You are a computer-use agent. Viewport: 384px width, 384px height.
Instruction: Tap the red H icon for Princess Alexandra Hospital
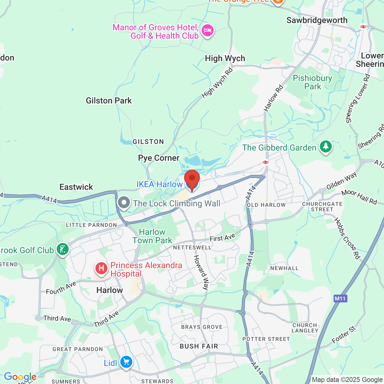point(101,268)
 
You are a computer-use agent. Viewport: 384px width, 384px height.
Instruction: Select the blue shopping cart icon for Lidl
point(126,362)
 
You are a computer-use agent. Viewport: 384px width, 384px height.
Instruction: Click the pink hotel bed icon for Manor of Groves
point(207,30)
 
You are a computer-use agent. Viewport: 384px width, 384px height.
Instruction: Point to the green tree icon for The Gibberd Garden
point(325,147)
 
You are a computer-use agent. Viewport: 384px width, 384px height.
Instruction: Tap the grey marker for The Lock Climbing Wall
point(124,202)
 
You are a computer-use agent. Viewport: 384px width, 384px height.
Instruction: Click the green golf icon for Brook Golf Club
point(62,249)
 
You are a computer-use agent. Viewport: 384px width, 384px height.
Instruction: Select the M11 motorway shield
point(340,298)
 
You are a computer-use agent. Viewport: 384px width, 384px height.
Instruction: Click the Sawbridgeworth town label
point(317,20)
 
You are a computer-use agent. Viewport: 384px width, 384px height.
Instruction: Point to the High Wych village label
point(225,58)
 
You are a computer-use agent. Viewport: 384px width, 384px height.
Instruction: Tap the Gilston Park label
point(109,100)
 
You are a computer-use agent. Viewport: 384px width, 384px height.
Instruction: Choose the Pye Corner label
point(159,158)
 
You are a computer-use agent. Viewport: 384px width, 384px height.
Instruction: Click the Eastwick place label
point(76,187)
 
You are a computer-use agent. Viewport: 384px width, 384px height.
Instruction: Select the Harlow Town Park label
point(152,236)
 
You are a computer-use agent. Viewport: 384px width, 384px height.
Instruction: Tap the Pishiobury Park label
point(312,82)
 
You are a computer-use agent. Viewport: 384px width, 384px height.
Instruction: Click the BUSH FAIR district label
point(199,346)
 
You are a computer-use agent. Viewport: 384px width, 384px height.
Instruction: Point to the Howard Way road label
point(201,272)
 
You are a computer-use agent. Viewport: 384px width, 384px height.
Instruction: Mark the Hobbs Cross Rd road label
point(347,238)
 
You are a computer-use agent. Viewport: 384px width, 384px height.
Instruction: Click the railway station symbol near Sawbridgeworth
point(363,27)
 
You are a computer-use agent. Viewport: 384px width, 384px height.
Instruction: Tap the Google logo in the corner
point(20,377)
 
